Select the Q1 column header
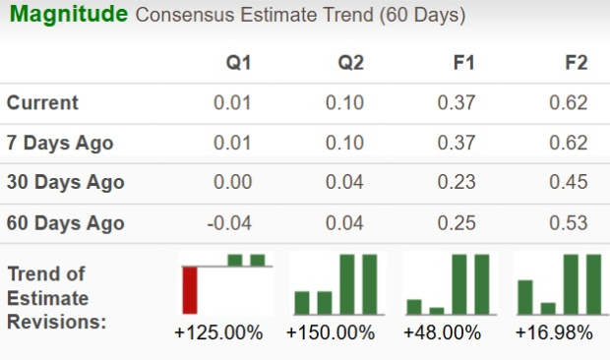(x=238, y=63)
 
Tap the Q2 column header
(x=350, y=63)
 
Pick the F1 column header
(x=463, y=63)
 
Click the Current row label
(x=42, y=103)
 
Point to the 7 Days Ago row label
(x=60, y=143)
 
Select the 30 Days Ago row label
(x=65, y=182)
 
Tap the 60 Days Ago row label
(x=65, y=223)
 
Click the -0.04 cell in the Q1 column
(x=229, y=223)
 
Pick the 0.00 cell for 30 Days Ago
(x=233, y=182)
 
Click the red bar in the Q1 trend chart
(x=189, y=290)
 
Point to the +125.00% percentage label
(x=218, y=333)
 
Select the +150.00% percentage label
(x=331, y=333)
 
